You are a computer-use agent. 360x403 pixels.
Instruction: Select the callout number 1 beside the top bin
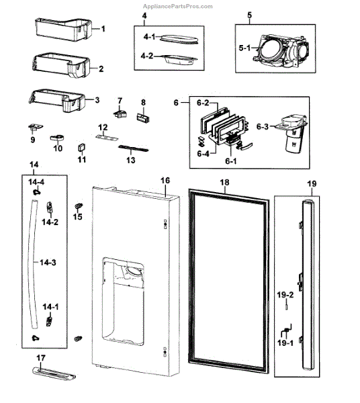pyautogui.click(x=103, y=30)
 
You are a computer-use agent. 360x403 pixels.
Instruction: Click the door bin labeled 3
pyautogui.click(x=57, y=101)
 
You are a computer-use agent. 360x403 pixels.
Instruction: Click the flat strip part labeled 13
pyautogui.click(x=136, y=148)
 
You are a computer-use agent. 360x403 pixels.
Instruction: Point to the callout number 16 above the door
pyautogui.click(x=165, y=181)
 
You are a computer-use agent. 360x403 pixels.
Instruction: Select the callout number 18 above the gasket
pyautogui.click(x=224, y=182)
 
